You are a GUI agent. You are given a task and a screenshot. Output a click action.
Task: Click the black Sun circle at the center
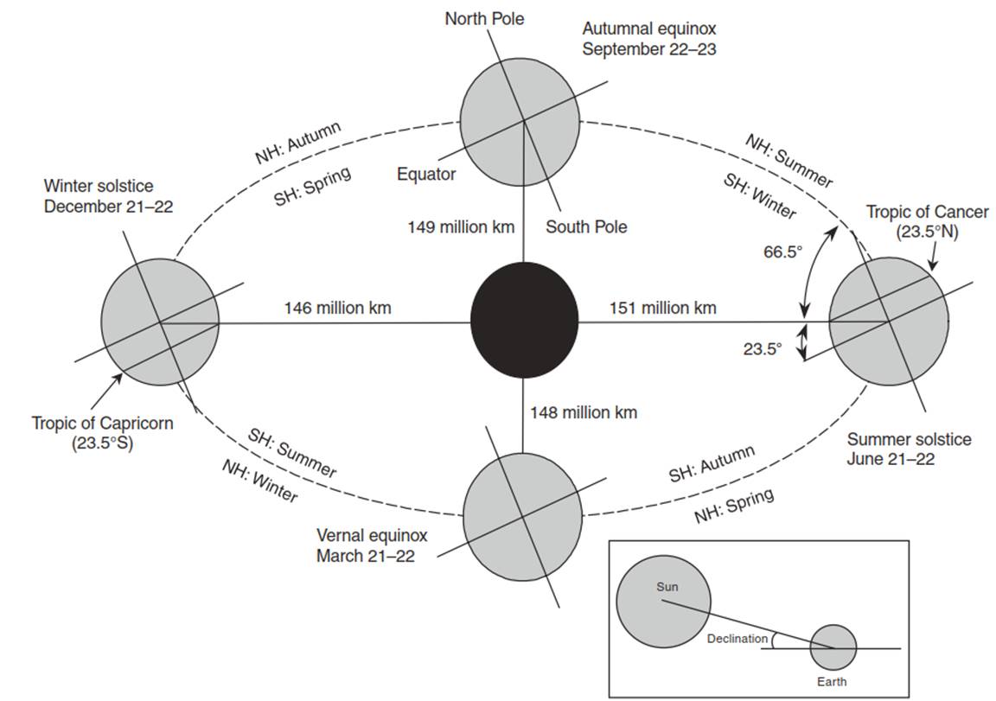click(x=524, y=320)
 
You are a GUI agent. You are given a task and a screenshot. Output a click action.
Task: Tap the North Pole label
click(x=484, y=19)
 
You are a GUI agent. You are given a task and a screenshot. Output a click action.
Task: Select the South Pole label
click(x=586, y=226)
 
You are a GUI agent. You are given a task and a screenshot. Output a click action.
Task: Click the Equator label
click(x=426, y=174)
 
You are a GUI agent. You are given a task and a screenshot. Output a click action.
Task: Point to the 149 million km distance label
click(x=461, y=226)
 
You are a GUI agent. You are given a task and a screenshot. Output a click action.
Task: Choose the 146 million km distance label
click(x=337, y=308)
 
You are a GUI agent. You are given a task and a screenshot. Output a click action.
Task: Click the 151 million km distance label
click(x=663, y=308)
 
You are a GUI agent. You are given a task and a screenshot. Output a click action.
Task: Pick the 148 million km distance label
click(x=584, y=412)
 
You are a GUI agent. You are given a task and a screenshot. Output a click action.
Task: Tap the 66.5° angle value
click(x=782, y=252)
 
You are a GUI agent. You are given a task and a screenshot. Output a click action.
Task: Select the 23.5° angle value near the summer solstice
click(x=763, y=348)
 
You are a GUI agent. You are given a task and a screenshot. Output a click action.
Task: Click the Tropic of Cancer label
click(x=928, y=221)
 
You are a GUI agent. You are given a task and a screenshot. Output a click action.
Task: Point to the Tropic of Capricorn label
click(x=102, y=432)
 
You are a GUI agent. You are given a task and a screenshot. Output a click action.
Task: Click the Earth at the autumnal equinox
click(x=520, y=121)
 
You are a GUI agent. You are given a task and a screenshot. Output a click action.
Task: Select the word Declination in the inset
click(x=737, y=639)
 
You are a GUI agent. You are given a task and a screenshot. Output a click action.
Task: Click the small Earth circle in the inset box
click(x=833, y=647)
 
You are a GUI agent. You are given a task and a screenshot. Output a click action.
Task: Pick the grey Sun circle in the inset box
click(x=663, y=602)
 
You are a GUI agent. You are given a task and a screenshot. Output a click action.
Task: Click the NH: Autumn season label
click(x=298, y=143)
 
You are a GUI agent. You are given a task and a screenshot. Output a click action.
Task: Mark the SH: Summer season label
click(x=292, y=453)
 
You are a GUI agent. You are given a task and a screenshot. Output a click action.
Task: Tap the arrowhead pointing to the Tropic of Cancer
click(x=932, y=265)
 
